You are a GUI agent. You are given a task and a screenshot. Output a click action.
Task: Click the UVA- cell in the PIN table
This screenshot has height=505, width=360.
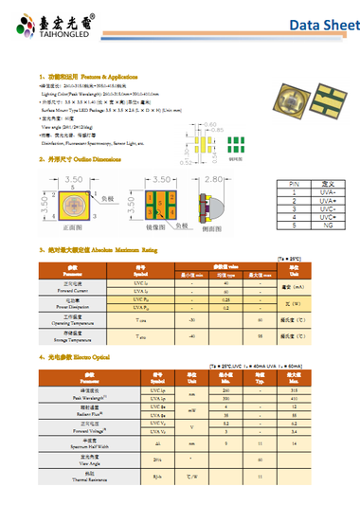click(301, 194)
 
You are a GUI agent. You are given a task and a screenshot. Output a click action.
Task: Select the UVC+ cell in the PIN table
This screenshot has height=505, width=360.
click(301, 216)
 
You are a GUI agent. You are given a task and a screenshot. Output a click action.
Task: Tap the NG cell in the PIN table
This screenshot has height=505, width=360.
click(301, 224)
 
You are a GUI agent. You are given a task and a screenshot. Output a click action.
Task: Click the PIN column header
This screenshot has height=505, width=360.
click(268, 186)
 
